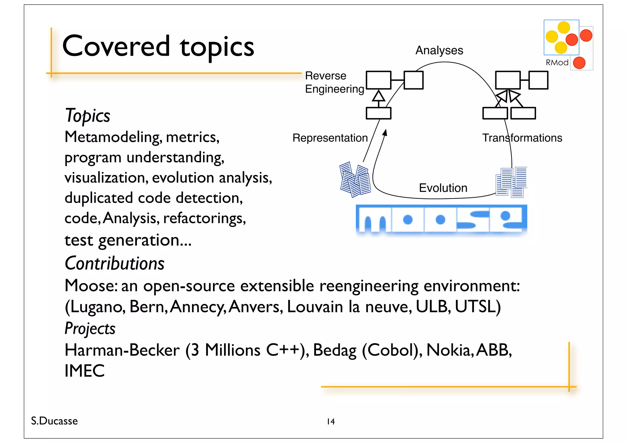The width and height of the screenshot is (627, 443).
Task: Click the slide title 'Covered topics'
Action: pos(158,46)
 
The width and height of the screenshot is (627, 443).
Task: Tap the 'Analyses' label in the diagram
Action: pos(439,50)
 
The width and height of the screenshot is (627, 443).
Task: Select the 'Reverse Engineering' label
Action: pos(335,82)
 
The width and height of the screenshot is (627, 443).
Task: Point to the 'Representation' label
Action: pos(330,138)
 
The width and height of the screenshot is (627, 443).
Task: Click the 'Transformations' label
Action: pos(522,138)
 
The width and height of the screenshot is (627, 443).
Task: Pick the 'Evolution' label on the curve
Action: pos(443,188)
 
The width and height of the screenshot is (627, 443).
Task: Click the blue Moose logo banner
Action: pos(441,219)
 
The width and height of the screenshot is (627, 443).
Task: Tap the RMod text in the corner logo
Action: pos(557,62)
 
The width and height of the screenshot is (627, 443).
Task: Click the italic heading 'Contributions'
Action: pos(115,263)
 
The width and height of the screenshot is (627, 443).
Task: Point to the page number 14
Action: pos(331,422)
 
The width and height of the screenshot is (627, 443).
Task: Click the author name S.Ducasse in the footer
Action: pos(54,421)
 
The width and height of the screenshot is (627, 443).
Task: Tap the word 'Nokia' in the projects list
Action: pos(448,350)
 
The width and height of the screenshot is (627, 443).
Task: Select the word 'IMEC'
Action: pos(84,371)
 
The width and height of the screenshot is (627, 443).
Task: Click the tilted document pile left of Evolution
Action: pos(355,179)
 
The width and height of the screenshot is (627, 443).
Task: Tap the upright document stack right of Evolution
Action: pos(511,182)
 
